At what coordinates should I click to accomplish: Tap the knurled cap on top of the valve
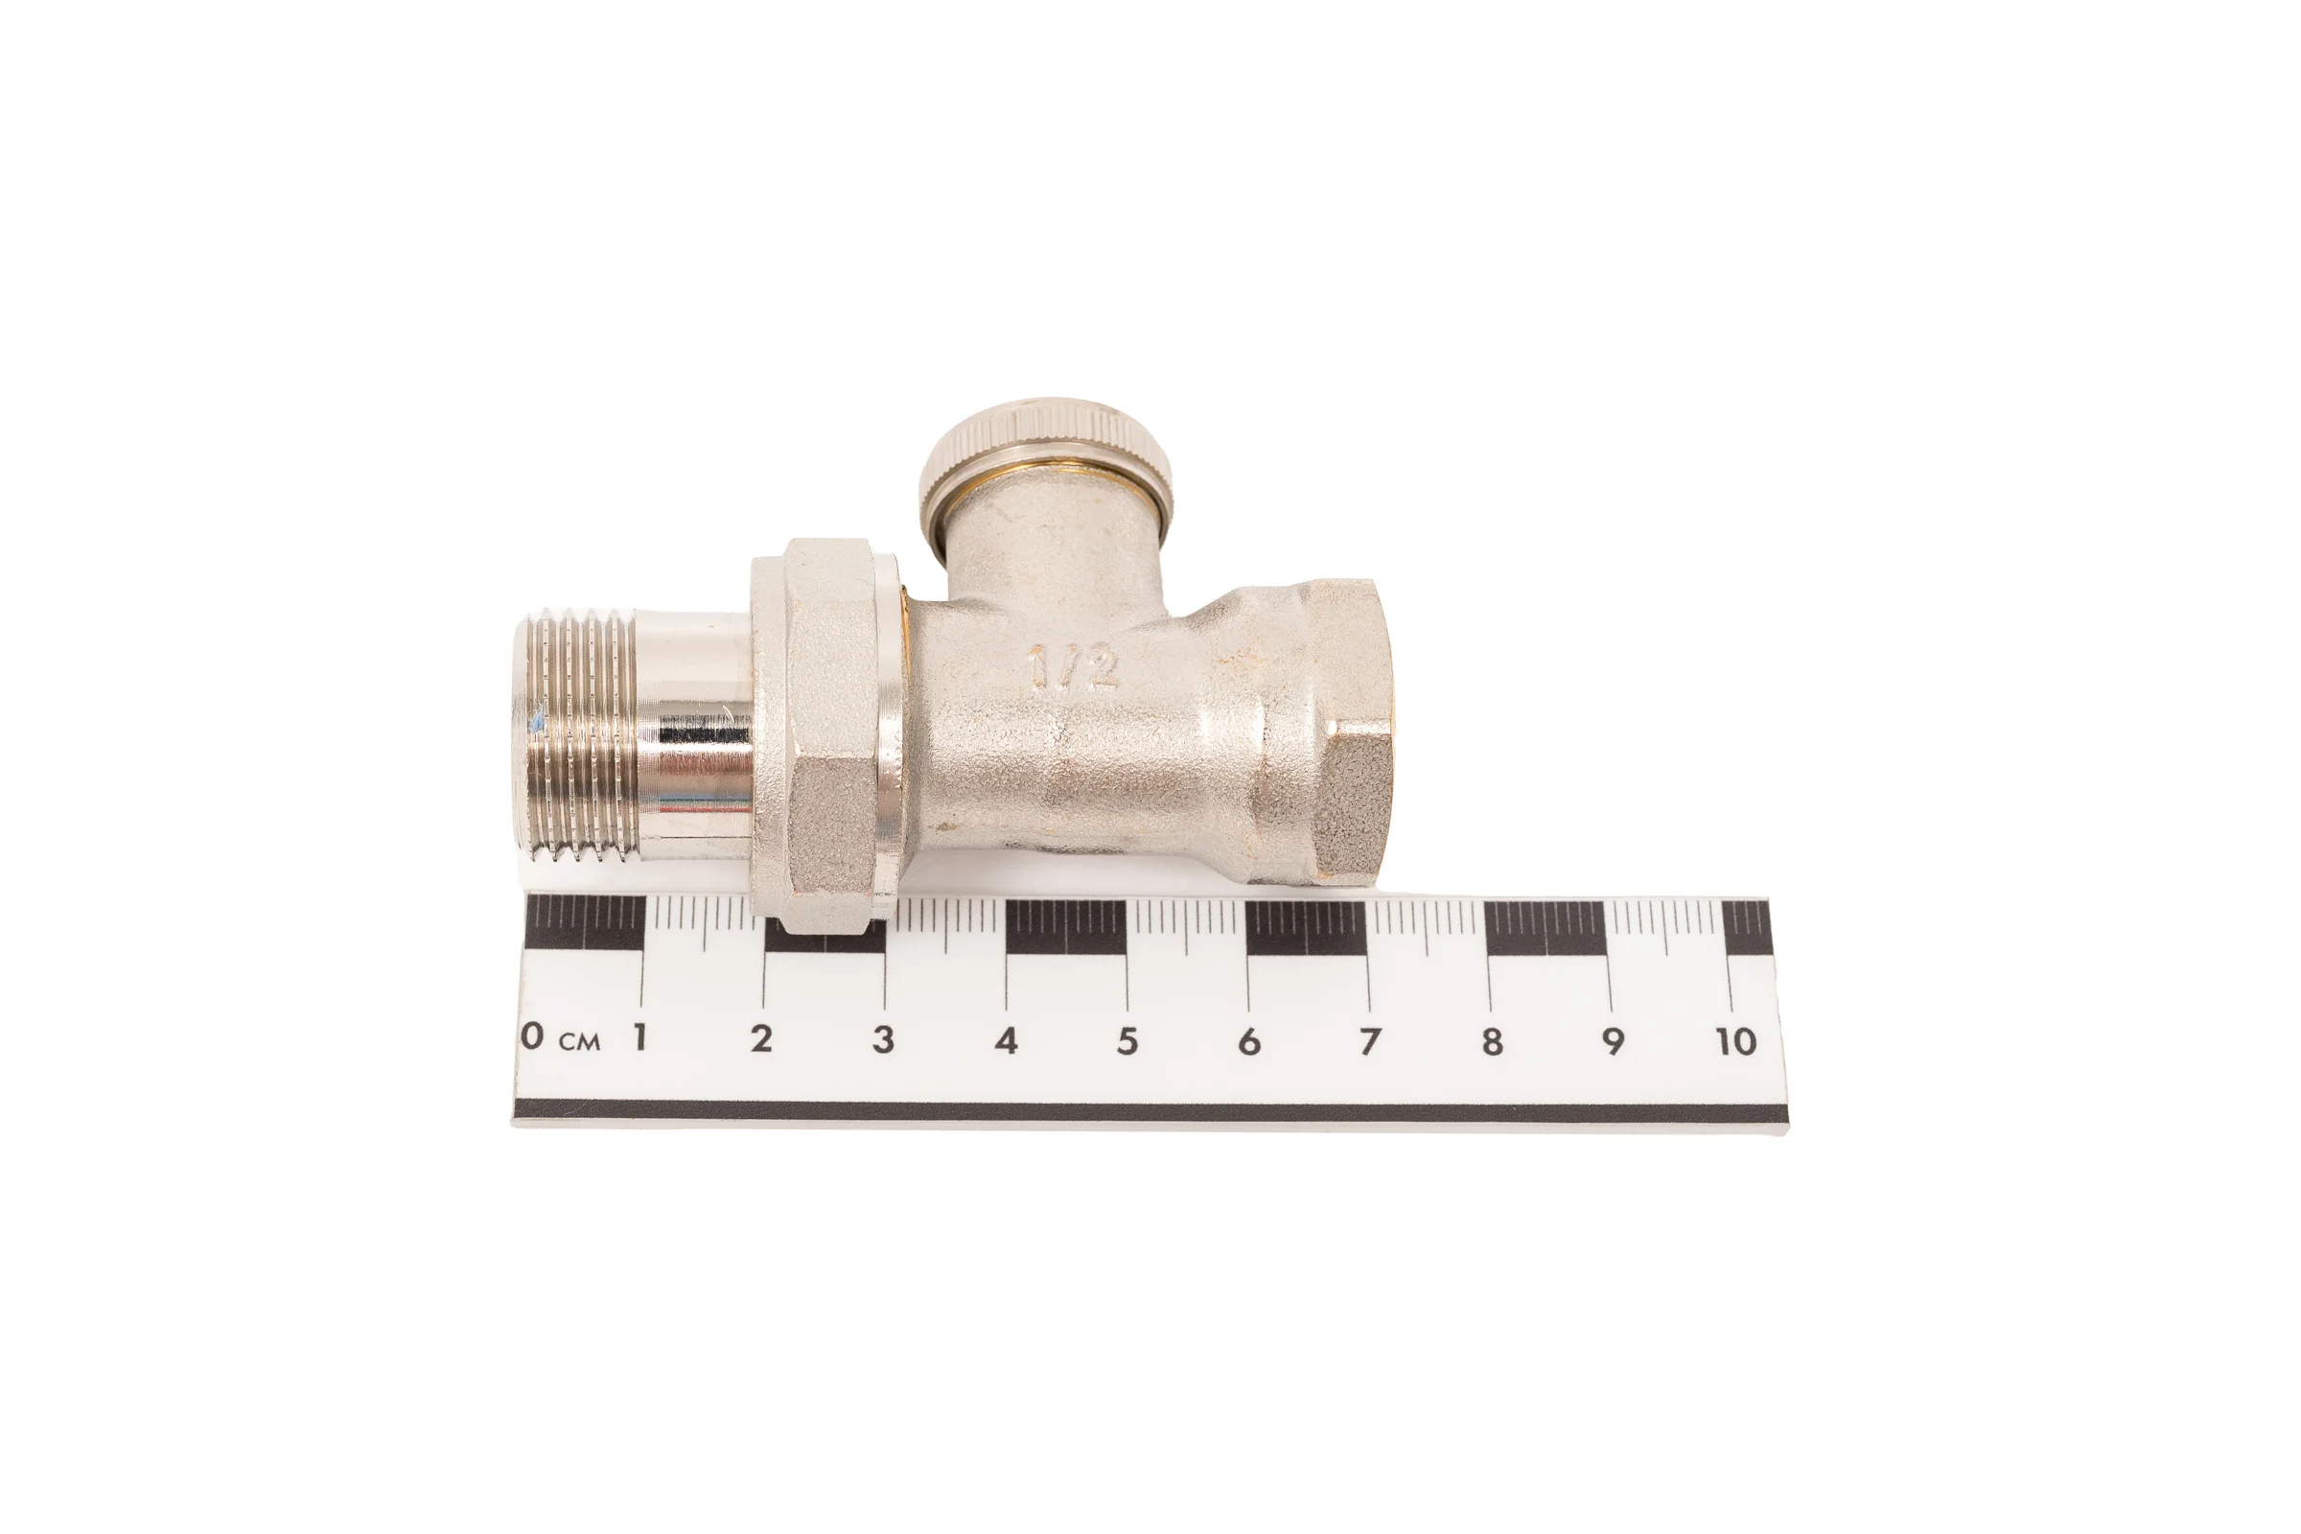pos(1047,456)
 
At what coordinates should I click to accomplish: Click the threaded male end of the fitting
pos(582,735)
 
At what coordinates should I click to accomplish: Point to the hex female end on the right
pos(1345,732)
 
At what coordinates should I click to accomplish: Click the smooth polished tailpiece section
pos(696,735)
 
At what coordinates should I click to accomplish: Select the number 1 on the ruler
pos(639,1037)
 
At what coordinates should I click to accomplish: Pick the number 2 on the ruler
pos(761,1038)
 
